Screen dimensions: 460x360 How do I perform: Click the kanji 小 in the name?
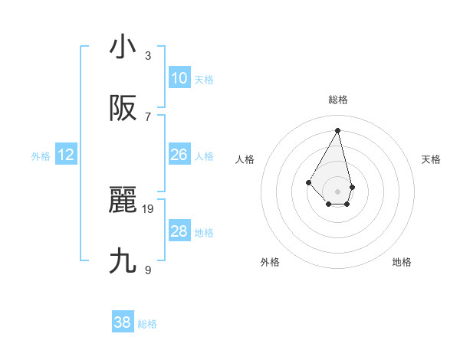pyautogui.click(x=123, y=47)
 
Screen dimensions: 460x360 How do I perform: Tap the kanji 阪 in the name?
pyautogui.click(x=123, y=109)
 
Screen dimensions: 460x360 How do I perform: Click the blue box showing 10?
pyautogui.click(x=179, y=78)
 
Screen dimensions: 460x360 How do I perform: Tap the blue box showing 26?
pyautogui.click(x=179, y=155)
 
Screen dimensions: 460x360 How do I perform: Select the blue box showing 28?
pyautogui.click(x=179, y=231)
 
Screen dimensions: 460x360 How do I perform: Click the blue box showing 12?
pyautogui.click(x=66, y=155)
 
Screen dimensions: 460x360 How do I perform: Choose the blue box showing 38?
pyautogui.click(x=123, y=322)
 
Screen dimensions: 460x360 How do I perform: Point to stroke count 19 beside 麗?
pyautogui.click(x=148, y=208)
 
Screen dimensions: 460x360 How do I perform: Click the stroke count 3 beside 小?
pyautogui.click(x=148, y=55)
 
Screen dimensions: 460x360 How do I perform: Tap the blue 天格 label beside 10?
pyautogui.click(x=204, y=80)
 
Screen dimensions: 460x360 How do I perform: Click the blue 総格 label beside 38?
pyautogui.click(x=147, y=324)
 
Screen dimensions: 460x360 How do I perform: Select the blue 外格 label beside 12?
pyautogui.click(x=41, y=156)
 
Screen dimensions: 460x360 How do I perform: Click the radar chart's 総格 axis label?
pyautogui.click(x=338, y=100)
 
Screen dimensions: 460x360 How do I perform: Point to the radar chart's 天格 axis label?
pyautogui.click(x=431, y=159)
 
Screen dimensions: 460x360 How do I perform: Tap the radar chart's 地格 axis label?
pyautogui.click(x=402, y=262)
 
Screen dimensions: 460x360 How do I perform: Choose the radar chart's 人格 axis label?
pyautogui.click(x=245, y=159)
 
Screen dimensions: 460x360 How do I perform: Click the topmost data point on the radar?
pyautogui.click(x=337, y=129)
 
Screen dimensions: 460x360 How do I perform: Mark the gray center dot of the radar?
pyautogui.click(x=337, y=191)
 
